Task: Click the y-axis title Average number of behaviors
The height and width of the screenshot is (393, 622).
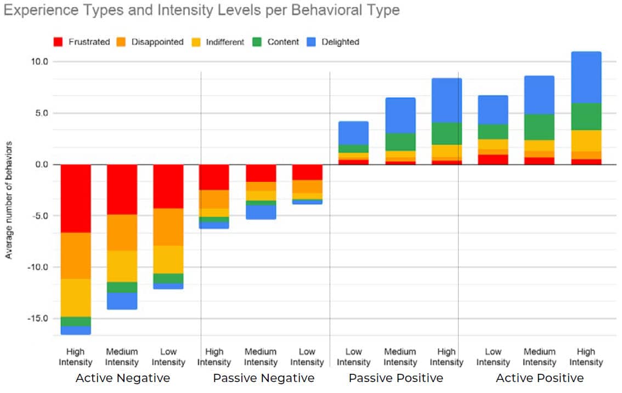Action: pyautogui.click(x=9, y=200)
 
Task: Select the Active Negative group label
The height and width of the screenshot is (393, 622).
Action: pyautogui.click(x=122, y=378)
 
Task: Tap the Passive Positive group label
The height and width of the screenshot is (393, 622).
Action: pyautogui.click(x=395, y=378)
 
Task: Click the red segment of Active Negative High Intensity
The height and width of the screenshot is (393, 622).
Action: pyautogui.click(x=75, y=198)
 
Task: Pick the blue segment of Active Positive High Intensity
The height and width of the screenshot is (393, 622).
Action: pyautogui.click(x=586, y=77)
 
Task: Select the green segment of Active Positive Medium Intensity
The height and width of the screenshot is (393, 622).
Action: pyautogui.click(x=539, y=127)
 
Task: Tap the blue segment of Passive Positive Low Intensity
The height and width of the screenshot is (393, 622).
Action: pyautogui.click(x=353, y=133)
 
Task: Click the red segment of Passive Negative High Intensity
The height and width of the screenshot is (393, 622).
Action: pyautogui.click(x=214, y=177)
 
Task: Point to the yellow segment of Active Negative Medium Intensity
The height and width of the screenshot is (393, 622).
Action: pyautogui.click(x=122, y=266)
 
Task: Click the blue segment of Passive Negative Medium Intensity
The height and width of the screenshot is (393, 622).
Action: pyautogui.click(x=261, y=212)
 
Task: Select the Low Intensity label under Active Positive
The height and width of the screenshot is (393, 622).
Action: pyautogui.click(x=493, y=357)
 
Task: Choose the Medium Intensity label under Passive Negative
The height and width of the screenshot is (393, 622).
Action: pyautogui.click(x=261, y=357)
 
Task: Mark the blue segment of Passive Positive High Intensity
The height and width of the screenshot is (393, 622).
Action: pyautogui.click(x=446, y=100)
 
